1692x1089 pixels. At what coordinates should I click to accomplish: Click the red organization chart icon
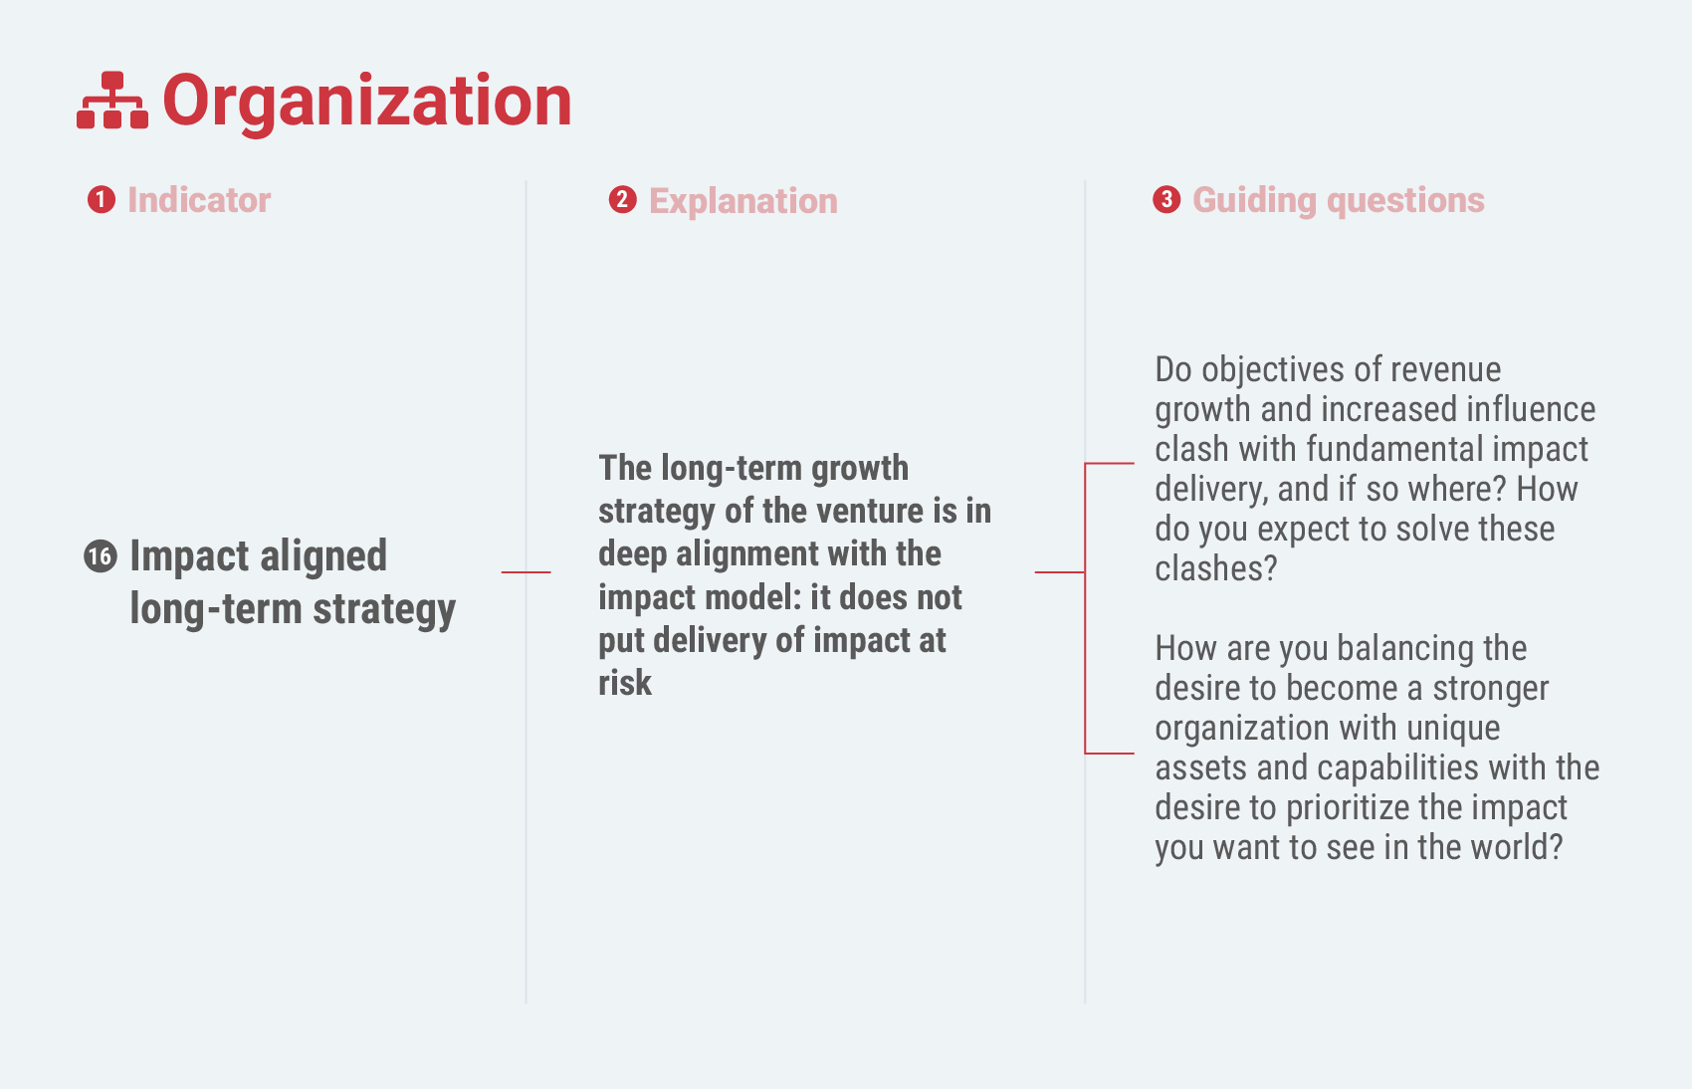pos(112,101)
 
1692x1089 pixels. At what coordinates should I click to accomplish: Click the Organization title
pos(367,102)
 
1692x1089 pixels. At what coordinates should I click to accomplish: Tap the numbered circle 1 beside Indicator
pos(102,200)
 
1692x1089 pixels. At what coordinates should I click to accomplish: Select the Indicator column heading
pos(199,200)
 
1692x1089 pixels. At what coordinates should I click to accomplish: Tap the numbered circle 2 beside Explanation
pos(622,200)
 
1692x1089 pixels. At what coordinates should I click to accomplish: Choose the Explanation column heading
pos(743,202)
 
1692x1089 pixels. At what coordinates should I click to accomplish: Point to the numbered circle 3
pos(1166,200)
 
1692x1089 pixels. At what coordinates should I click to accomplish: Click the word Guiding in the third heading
pos(1255,202)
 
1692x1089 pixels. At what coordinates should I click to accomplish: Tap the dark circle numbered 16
pos(101,557)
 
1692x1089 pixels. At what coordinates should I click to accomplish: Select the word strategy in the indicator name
pos(384,610)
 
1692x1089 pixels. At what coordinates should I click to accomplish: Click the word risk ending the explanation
pos(625,684)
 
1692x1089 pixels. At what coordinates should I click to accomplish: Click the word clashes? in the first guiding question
pos(1216,568)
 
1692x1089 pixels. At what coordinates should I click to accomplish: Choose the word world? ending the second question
pos(1517,847)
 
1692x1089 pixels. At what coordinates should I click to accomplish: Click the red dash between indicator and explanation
pos(526,572)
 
